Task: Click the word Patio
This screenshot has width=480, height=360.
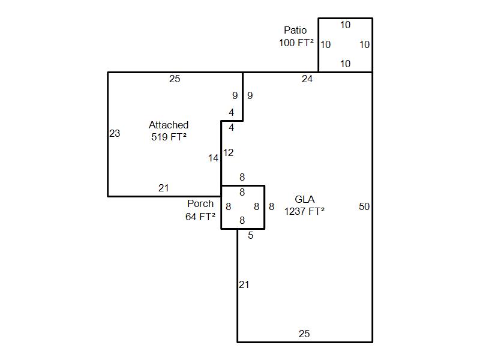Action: point(295,30)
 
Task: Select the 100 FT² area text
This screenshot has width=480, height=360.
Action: point(296,43)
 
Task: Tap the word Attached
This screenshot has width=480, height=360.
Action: point(169,125)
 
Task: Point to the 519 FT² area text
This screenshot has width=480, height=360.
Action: point(169,137)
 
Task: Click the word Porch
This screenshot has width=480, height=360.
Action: point(200,203)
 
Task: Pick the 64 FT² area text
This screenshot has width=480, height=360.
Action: point(200,217)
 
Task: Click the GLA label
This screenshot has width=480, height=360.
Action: point(305,199)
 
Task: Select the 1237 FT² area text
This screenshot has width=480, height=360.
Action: point(305,211)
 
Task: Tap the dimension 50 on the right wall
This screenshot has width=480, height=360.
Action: point(364,206)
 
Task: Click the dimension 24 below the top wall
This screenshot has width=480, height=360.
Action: point(307,79)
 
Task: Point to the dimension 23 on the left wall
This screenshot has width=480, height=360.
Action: point(115,133)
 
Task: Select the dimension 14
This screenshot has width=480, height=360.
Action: point(214,158)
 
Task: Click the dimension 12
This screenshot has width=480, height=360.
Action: point(228,152)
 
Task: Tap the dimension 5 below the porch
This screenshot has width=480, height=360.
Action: point(251,235)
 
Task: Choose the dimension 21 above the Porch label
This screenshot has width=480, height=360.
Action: point(164,188)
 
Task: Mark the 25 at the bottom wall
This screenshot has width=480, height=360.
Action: point(304,334)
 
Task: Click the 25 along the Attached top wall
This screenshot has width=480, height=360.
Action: point(175,79)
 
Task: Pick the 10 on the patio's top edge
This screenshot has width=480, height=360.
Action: point(346,25)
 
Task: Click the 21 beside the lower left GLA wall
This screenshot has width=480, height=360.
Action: point(244,284)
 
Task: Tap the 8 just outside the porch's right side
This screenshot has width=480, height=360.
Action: point(271,206)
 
